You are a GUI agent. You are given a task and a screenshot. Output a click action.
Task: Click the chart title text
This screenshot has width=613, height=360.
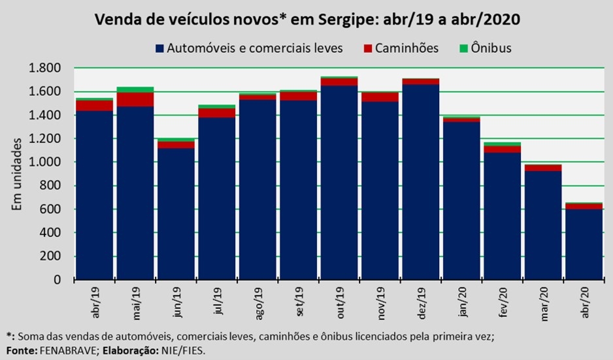[x=307, y=19]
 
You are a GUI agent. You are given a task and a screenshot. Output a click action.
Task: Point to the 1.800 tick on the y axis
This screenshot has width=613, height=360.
[x=44, y=68]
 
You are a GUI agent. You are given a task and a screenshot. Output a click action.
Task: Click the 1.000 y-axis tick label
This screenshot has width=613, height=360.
[x=44, y=162]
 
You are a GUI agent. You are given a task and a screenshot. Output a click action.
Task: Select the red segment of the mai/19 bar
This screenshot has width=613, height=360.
[x=135, y=99]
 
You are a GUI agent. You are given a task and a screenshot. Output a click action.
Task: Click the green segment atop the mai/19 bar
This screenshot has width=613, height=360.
[x=135, y=90]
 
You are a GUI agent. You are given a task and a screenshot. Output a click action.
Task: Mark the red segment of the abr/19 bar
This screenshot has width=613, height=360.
[x=95, y=105]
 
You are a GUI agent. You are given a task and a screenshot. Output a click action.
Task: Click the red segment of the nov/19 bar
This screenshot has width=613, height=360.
[x=380, y=97]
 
